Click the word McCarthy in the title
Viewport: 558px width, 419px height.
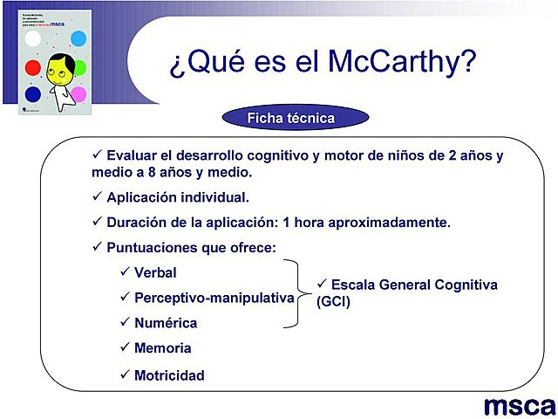click(402, 62)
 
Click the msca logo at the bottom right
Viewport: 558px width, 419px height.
click(520, 405)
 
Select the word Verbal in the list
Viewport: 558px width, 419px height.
click(155, 273)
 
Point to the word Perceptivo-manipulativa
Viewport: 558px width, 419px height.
click(214, 298)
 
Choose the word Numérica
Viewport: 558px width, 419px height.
click(166, 323)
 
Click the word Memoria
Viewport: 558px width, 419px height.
click(162, 348)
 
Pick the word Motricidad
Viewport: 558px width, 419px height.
click(169, 375)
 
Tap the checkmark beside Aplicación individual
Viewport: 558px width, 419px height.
click(97, 196)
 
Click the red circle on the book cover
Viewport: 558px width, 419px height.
click(33, 66)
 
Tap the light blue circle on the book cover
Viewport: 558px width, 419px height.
click(78, 38)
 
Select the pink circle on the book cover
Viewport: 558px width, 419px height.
click(78, 93)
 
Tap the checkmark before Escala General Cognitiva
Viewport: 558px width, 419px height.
click(321, 285)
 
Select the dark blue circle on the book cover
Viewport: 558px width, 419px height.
click(33, 93)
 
